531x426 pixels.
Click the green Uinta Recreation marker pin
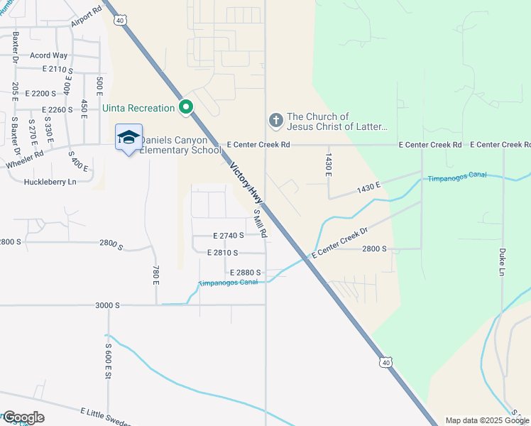tap(187, 107)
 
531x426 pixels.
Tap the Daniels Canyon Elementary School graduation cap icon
tap(128, 138)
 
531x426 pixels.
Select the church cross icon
tap(275, 121)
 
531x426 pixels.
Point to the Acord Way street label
tap(48, 55)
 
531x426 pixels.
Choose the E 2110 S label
tap(58, 69)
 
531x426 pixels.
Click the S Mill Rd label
tap(261, 223)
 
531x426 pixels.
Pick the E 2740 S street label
tap(229, 235)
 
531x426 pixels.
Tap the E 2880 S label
tap(246, 272)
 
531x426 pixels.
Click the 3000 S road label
tap(109, 305)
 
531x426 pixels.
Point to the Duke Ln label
tap(502, 262)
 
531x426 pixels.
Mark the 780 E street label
tap(155, 274)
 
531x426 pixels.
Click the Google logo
tap(23, 417)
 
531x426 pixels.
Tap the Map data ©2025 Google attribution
tap(486, 420)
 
